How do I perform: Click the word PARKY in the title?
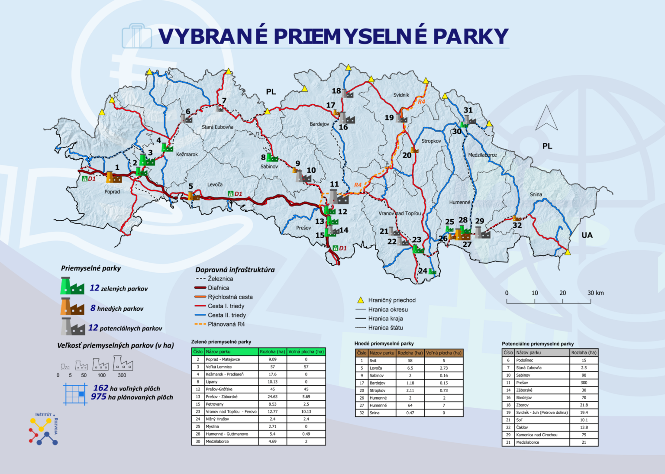[471, 36]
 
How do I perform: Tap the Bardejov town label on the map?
[319, 124]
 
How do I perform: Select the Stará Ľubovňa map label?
[217, 127]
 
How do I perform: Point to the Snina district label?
[536, 194]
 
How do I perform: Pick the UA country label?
[587, 235]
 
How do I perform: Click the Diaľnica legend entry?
[218, 288]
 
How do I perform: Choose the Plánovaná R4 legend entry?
[226, 324]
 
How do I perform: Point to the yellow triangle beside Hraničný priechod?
[360, 300]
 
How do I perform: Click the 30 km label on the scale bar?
[595, 293]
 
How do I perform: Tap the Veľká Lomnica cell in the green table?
[218, 367]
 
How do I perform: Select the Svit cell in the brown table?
[373, 361]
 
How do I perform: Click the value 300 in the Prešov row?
[584, 383]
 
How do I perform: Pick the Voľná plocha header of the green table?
[306, 352]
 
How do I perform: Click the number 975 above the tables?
[98, 397]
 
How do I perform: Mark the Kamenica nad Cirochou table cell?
[536, 435]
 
